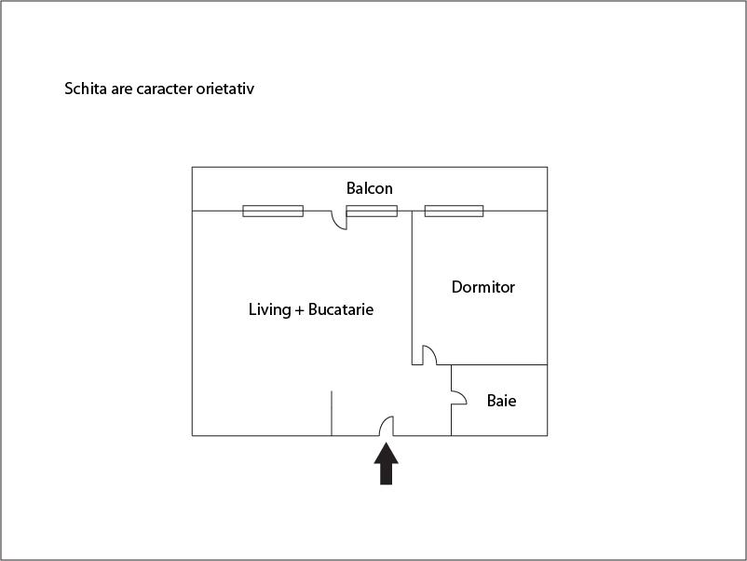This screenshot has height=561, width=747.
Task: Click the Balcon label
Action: [369, 188]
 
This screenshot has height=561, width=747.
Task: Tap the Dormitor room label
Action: [483, 287]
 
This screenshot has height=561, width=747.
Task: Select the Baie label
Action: [501, 401]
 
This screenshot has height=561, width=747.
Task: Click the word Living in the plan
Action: [269, 309]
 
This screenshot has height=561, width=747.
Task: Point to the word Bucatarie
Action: [341, 309]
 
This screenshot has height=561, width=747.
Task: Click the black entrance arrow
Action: [386, 463]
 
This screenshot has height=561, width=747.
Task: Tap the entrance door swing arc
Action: [387, 426]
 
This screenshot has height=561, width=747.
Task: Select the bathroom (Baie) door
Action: [459, 398]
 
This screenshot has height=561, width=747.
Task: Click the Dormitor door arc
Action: [429, 355]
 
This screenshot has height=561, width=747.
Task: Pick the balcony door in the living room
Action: [339, 220]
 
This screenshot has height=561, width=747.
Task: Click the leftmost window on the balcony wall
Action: [273, 211]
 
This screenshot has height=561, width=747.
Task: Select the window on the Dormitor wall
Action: [454, 211]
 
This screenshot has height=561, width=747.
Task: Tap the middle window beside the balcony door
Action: [372, 211]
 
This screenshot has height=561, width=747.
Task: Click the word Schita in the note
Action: [86, 89]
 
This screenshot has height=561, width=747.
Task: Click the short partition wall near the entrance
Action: [332, 413]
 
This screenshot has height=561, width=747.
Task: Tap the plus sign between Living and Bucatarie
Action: [299, 310]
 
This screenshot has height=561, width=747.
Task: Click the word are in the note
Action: [121, 89]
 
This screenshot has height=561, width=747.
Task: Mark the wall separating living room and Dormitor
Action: [412, 288]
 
